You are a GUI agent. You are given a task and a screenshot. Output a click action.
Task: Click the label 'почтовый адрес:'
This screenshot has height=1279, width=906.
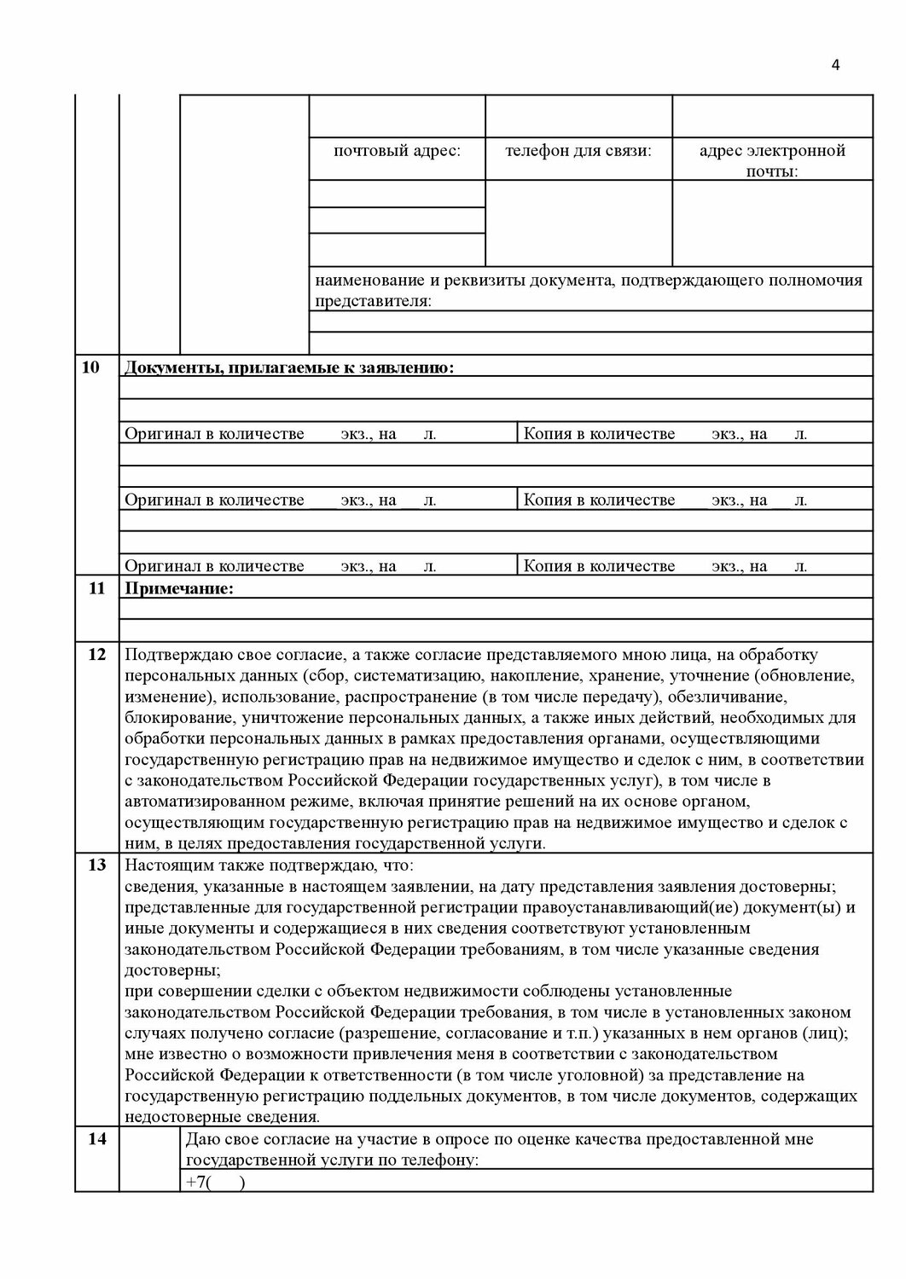tap(397, 151)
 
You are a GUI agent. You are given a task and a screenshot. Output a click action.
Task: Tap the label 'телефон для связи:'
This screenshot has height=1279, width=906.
tap(578, 151)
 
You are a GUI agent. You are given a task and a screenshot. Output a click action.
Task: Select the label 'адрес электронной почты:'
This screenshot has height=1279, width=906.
tap(772, 160)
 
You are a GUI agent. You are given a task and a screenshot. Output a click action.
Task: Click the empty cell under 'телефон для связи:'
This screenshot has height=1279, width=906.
tap(578, 222)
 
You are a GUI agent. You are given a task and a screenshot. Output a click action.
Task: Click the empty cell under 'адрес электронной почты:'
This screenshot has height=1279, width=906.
tap(772, 222)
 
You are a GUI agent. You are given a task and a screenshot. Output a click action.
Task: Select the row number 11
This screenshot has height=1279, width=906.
tap(96, 588)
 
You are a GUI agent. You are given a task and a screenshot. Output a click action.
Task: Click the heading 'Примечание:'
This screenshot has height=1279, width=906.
tap(179, 588)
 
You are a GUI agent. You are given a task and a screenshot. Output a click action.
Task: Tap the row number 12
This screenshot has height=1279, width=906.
tap(96, 655)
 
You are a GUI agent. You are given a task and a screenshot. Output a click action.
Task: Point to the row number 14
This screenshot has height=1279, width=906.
tap(96, 1138)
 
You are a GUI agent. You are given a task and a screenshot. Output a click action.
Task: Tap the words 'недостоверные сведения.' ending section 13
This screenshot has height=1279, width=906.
tap(223, 1117)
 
